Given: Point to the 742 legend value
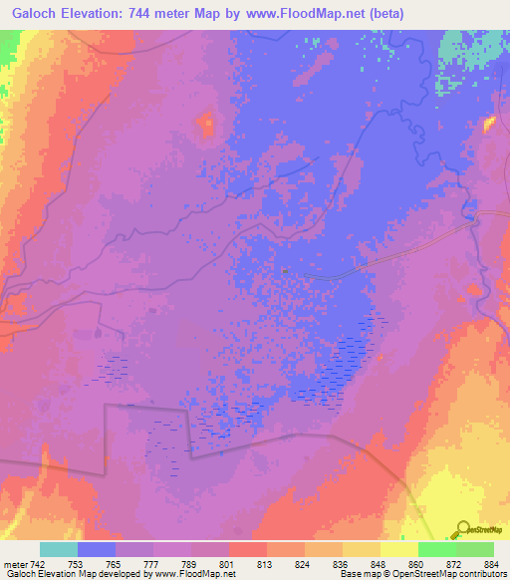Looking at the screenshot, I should click(37, 564).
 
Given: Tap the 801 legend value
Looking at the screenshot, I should click(229, 564).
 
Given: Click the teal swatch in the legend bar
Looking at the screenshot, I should click(59, 549).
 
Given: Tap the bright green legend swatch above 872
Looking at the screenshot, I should click(436, 549).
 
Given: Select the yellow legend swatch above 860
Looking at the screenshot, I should click(398, 549).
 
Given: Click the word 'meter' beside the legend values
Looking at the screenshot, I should click(14, 564).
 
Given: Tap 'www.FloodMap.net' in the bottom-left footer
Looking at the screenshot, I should click(192, 575).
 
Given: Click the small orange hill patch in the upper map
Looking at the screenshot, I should click(207, 126).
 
